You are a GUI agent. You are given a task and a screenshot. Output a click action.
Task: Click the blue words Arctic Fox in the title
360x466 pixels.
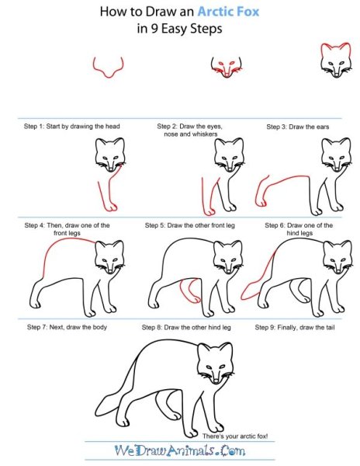click(228, 12)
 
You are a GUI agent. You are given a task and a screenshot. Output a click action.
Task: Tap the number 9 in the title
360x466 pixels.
click(154, 30)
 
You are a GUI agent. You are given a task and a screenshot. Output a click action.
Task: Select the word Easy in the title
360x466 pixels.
click(175, 30)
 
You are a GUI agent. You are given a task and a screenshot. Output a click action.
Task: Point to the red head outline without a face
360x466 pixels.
click(108, 67)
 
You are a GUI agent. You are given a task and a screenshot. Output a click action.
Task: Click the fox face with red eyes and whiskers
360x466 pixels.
click(227, 68)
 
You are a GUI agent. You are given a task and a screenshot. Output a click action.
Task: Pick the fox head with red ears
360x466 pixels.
click(336, 61)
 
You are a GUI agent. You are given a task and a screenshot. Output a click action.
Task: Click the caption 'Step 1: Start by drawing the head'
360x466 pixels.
click(72, 127)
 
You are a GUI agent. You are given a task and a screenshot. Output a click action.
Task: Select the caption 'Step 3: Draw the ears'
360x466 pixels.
click(298, 127)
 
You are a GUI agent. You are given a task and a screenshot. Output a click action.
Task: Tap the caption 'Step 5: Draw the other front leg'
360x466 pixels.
click(190, 225)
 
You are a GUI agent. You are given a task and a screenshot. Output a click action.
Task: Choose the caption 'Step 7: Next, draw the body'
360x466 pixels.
click(67, 327)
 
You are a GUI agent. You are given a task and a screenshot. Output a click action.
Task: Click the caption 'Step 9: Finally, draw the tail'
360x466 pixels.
click(295, 328)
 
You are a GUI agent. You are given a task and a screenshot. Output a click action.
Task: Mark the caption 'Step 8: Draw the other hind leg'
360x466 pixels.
click(186, 328)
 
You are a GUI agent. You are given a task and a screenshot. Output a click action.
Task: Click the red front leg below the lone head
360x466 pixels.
click(109, 190)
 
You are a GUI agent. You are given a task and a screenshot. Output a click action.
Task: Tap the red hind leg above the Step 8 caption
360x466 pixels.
click(190, 290)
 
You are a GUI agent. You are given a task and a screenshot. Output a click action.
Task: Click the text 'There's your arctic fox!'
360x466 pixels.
click(235, 436)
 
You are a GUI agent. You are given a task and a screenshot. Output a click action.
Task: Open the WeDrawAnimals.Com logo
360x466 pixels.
click(180, 450)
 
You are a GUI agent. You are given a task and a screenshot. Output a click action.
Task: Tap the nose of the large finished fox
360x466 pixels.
click(216, 381)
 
